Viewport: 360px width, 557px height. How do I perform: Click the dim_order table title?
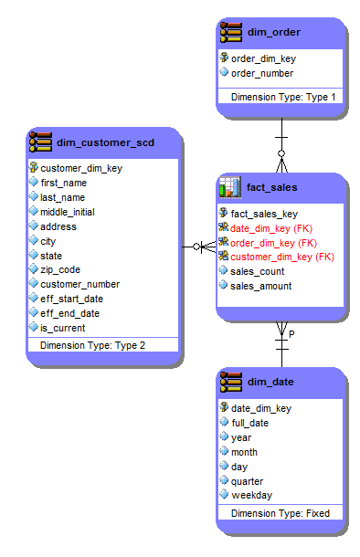pos(273,33)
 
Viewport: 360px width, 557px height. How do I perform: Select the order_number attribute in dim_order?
pos(262,73)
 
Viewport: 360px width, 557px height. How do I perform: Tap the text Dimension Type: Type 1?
pos(283,97)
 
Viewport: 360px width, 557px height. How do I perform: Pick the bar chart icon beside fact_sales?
pos(229,188)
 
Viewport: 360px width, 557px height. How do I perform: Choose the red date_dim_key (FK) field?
pos(273,228)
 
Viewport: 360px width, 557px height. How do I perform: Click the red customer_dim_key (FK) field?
pos(281,257)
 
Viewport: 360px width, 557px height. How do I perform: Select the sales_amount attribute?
pos(260,286)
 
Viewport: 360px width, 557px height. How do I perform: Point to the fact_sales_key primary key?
pos(264,213)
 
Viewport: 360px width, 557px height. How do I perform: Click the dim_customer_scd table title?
pos(106,142)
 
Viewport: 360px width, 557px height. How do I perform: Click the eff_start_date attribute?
pos(71,299)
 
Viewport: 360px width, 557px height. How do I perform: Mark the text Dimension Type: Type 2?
pos(92,345)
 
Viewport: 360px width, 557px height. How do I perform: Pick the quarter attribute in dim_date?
pos(247,481)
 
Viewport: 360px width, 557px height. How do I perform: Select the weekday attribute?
pos(250,495)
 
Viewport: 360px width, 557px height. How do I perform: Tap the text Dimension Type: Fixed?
pos(280,513)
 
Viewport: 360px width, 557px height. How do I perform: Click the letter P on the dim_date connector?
pos(291,335)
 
